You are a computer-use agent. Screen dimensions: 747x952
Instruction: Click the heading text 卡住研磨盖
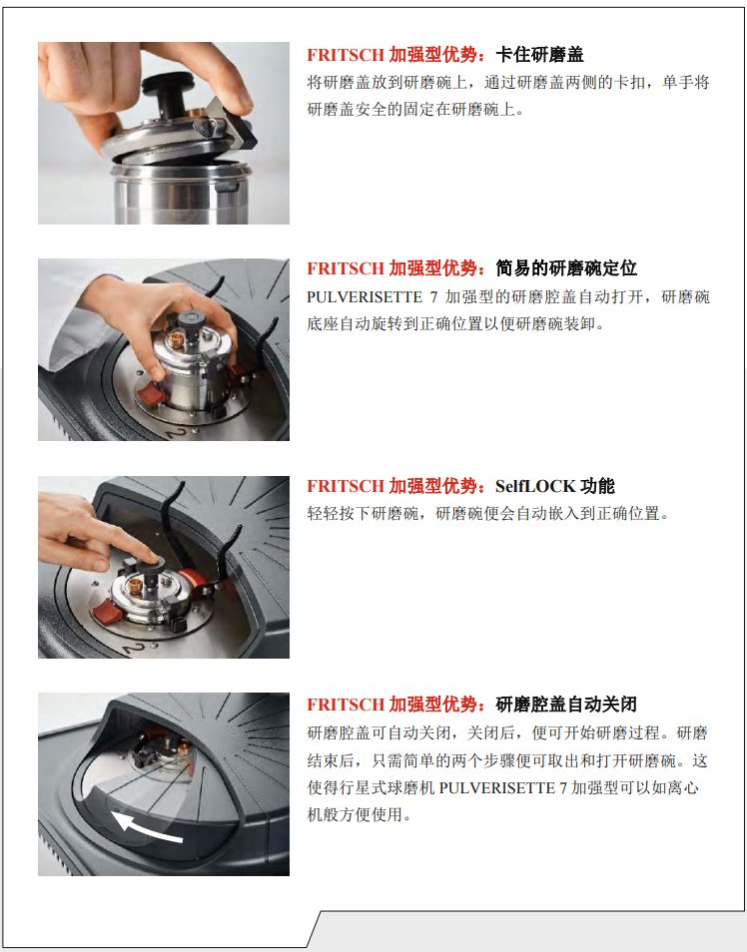click(539, 55)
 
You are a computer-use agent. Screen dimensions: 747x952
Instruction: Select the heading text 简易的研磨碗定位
click(566, 267)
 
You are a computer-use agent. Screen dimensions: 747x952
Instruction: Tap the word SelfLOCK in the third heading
click(535, 486)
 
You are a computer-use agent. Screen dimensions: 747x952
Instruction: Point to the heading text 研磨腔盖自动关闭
click(566, 705)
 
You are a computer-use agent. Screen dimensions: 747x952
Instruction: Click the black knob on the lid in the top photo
click(167, 91)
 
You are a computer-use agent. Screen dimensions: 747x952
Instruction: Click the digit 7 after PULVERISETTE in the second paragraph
click(434, 297)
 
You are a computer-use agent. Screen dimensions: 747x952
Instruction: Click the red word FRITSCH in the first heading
click(346, 55)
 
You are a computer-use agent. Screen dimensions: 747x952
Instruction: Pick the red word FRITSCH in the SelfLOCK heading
click(346, 486)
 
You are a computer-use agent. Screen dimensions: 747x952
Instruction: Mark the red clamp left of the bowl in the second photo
click(150, 395)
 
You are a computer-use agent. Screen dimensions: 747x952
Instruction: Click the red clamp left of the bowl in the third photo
click(108, 611)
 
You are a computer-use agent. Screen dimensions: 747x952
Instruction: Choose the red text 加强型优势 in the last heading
click(432, 705)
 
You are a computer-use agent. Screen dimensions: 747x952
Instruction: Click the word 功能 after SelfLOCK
click(597, 486)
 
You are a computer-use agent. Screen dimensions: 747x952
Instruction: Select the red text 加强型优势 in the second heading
click(432, 267)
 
